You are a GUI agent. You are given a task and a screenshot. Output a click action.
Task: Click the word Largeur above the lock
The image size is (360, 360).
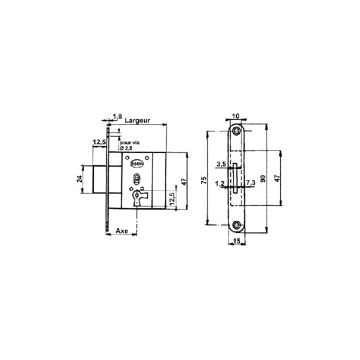138,122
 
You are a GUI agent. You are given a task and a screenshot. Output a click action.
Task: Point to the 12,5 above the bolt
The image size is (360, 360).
98,142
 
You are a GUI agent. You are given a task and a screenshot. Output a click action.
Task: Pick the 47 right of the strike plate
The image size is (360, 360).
277,178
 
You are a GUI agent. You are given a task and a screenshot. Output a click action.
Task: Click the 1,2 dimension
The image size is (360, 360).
220,184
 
